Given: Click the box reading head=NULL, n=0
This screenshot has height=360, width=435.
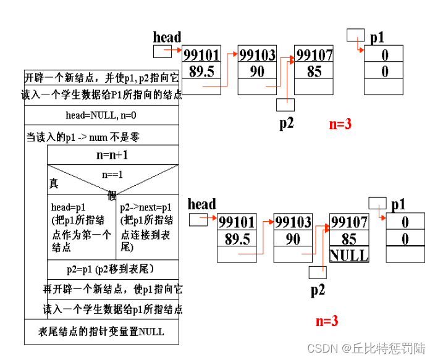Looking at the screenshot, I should click(x=101, y=115).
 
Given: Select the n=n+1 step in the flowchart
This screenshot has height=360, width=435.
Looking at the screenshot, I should click(x=112, y=155).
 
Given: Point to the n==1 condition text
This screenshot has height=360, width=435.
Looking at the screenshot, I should click(x=112, y=174).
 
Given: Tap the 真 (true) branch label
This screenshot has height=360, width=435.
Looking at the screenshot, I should click(x=54, y=183).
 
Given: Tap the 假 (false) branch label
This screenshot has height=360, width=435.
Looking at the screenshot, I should click(x=112, y=195).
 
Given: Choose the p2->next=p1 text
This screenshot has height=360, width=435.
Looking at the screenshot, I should click(x=146, y=207).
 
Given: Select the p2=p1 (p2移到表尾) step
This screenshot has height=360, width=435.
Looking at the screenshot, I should click(x=111, y=269).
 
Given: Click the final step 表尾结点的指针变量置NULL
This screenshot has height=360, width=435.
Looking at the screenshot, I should click(x=101, y=332).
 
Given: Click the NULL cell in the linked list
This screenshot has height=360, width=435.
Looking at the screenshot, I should click(x=349, y=254).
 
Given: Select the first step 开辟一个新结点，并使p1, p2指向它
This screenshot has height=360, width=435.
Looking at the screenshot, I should click(x=101, y=78).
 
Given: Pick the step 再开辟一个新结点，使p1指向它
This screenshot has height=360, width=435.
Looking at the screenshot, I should click(x=112, y=289).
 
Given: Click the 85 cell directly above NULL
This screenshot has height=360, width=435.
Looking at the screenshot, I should click(x=349, y=238).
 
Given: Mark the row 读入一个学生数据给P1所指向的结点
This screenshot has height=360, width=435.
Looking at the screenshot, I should click(x=102, y=96).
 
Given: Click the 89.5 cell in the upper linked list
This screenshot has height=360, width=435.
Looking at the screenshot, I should click(x=201, y=71).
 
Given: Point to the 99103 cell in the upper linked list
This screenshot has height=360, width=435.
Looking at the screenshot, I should click(x=257, y=55).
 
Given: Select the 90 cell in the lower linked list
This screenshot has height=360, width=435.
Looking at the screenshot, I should click(x=293, y=238).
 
